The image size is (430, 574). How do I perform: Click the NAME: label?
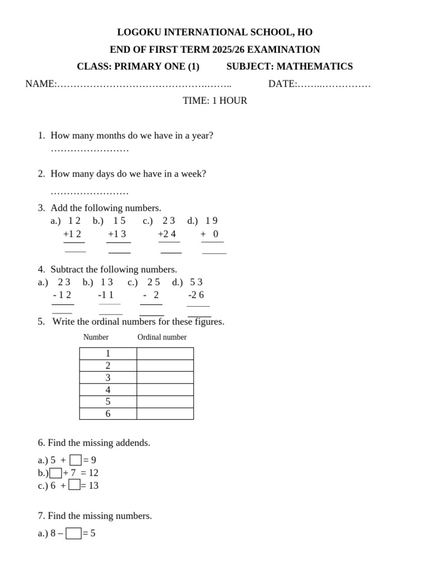pos(40,84)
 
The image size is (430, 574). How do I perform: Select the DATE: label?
pos(283,84)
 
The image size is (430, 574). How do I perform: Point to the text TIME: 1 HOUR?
pos(215,101)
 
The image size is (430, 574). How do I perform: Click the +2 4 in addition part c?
pos(167,234)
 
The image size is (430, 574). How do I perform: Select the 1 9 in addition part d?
pos(212,221)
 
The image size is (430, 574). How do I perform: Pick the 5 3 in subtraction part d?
pos(196,282)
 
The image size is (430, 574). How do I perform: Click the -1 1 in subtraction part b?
pos(106,295)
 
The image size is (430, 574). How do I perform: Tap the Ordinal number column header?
pos(162,337)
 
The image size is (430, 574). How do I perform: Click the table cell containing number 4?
pos(108,390)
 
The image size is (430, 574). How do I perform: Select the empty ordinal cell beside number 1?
pos(165,354)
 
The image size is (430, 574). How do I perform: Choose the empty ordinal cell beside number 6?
pos(165,414)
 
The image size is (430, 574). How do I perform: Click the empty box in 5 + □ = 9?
pos(76,461)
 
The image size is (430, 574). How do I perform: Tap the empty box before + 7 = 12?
pos(55,473)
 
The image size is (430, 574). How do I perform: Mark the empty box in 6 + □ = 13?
pos(74,485)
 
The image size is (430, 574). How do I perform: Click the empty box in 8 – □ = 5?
pos(73,534)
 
